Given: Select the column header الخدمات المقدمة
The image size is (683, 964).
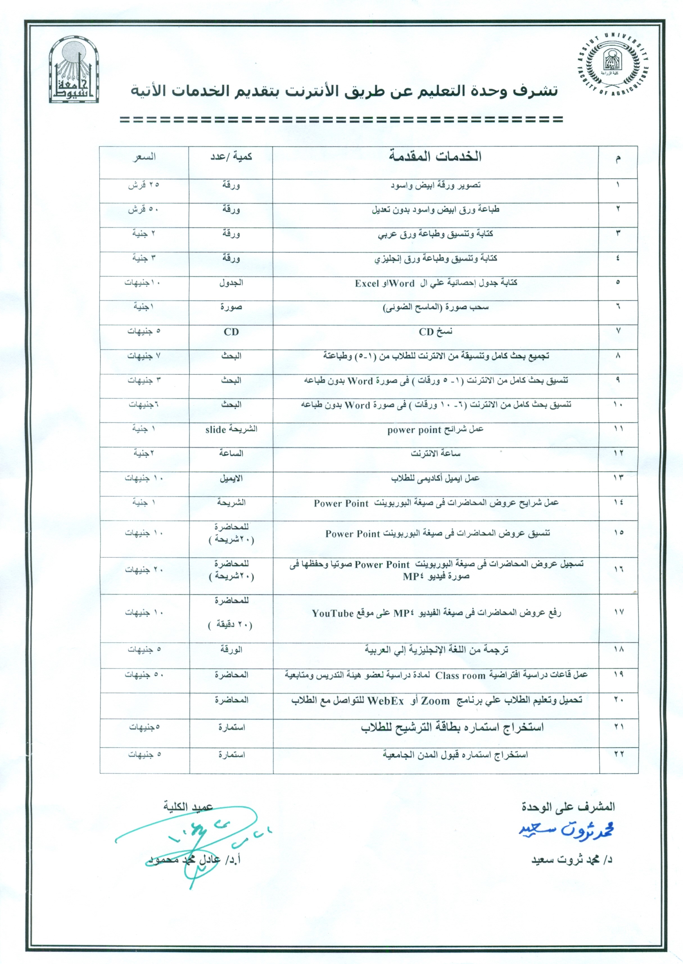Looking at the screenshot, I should click(435, 157).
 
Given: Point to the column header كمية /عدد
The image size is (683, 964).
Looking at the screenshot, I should click(231, 157).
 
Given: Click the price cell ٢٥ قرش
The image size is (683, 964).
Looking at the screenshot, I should click(144, 185).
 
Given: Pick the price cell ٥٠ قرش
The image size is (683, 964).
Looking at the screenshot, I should click(144, 209).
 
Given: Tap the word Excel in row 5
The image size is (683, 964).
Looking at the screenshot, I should click(367, 283).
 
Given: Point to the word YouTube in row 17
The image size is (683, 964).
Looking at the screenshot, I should click(332, 614).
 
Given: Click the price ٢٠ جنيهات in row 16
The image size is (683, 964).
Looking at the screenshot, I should click(144, 570).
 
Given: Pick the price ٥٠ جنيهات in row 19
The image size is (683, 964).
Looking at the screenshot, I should click(144, 675).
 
